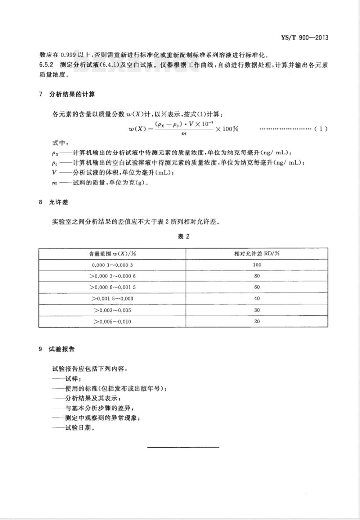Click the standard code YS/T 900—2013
(x=304, y=37)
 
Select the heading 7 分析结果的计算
(x=67, y=95)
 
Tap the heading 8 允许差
(x=54, y=202)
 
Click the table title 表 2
(x=183, y=236)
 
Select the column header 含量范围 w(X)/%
(x=112, y=253)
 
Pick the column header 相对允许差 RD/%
(x=257, y=253)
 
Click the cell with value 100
(x=257, y=265)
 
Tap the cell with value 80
(x=257, y=276)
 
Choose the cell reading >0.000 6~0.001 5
(x=112, y=287)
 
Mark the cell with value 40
(x=257, y=298)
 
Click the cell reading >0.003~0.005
(x=112, y=310)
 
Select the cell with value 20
(x=257, y=321)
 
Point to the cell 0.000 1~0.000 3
(x=112, y=265)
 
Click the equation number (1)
(x=321, y=129)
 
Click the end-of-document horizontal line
(x=183, y=447)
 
